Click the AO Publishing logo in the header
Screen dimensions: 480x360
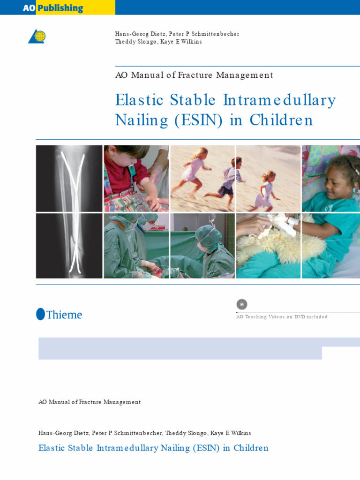(53, 8)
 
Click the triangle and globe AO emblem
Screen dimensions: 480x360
(37, 37)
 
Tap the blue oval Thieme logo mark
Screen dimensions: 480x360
(40, 314)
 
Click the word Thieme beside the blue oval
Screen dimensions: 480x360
(64, 315)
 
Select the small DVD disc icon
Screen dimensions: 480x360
(242, 304)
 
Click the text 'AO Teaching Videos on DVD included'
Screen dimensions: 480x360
(282, 317)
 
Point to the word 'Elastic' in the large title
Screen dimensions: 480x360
(139, 100)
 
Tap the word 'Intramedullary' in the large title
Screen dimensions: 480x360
(279, 100)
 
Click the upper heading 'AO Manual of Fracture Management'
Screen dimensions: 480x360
(194, 75)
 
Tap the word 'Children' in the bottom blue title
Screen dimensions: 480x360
(251, 448)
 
